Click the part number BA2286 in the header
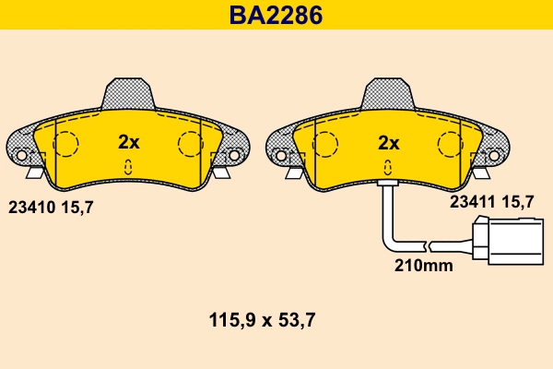276,15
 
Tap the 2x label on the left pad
128,142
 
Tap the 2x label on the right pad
388,142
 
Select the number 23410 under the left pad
32,208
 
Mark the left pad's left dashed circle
65,144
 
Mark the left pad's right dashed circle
190,144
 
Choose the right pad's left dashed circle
325,144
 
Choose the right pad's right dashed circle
450,144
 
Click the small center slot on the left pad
128,166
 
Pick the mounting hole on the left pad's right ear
234,153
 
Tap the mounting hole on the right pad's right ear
494,153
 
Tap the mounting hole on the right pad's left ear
282,153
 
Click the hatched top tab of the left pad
128,93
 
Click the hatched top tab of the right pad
388,93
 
